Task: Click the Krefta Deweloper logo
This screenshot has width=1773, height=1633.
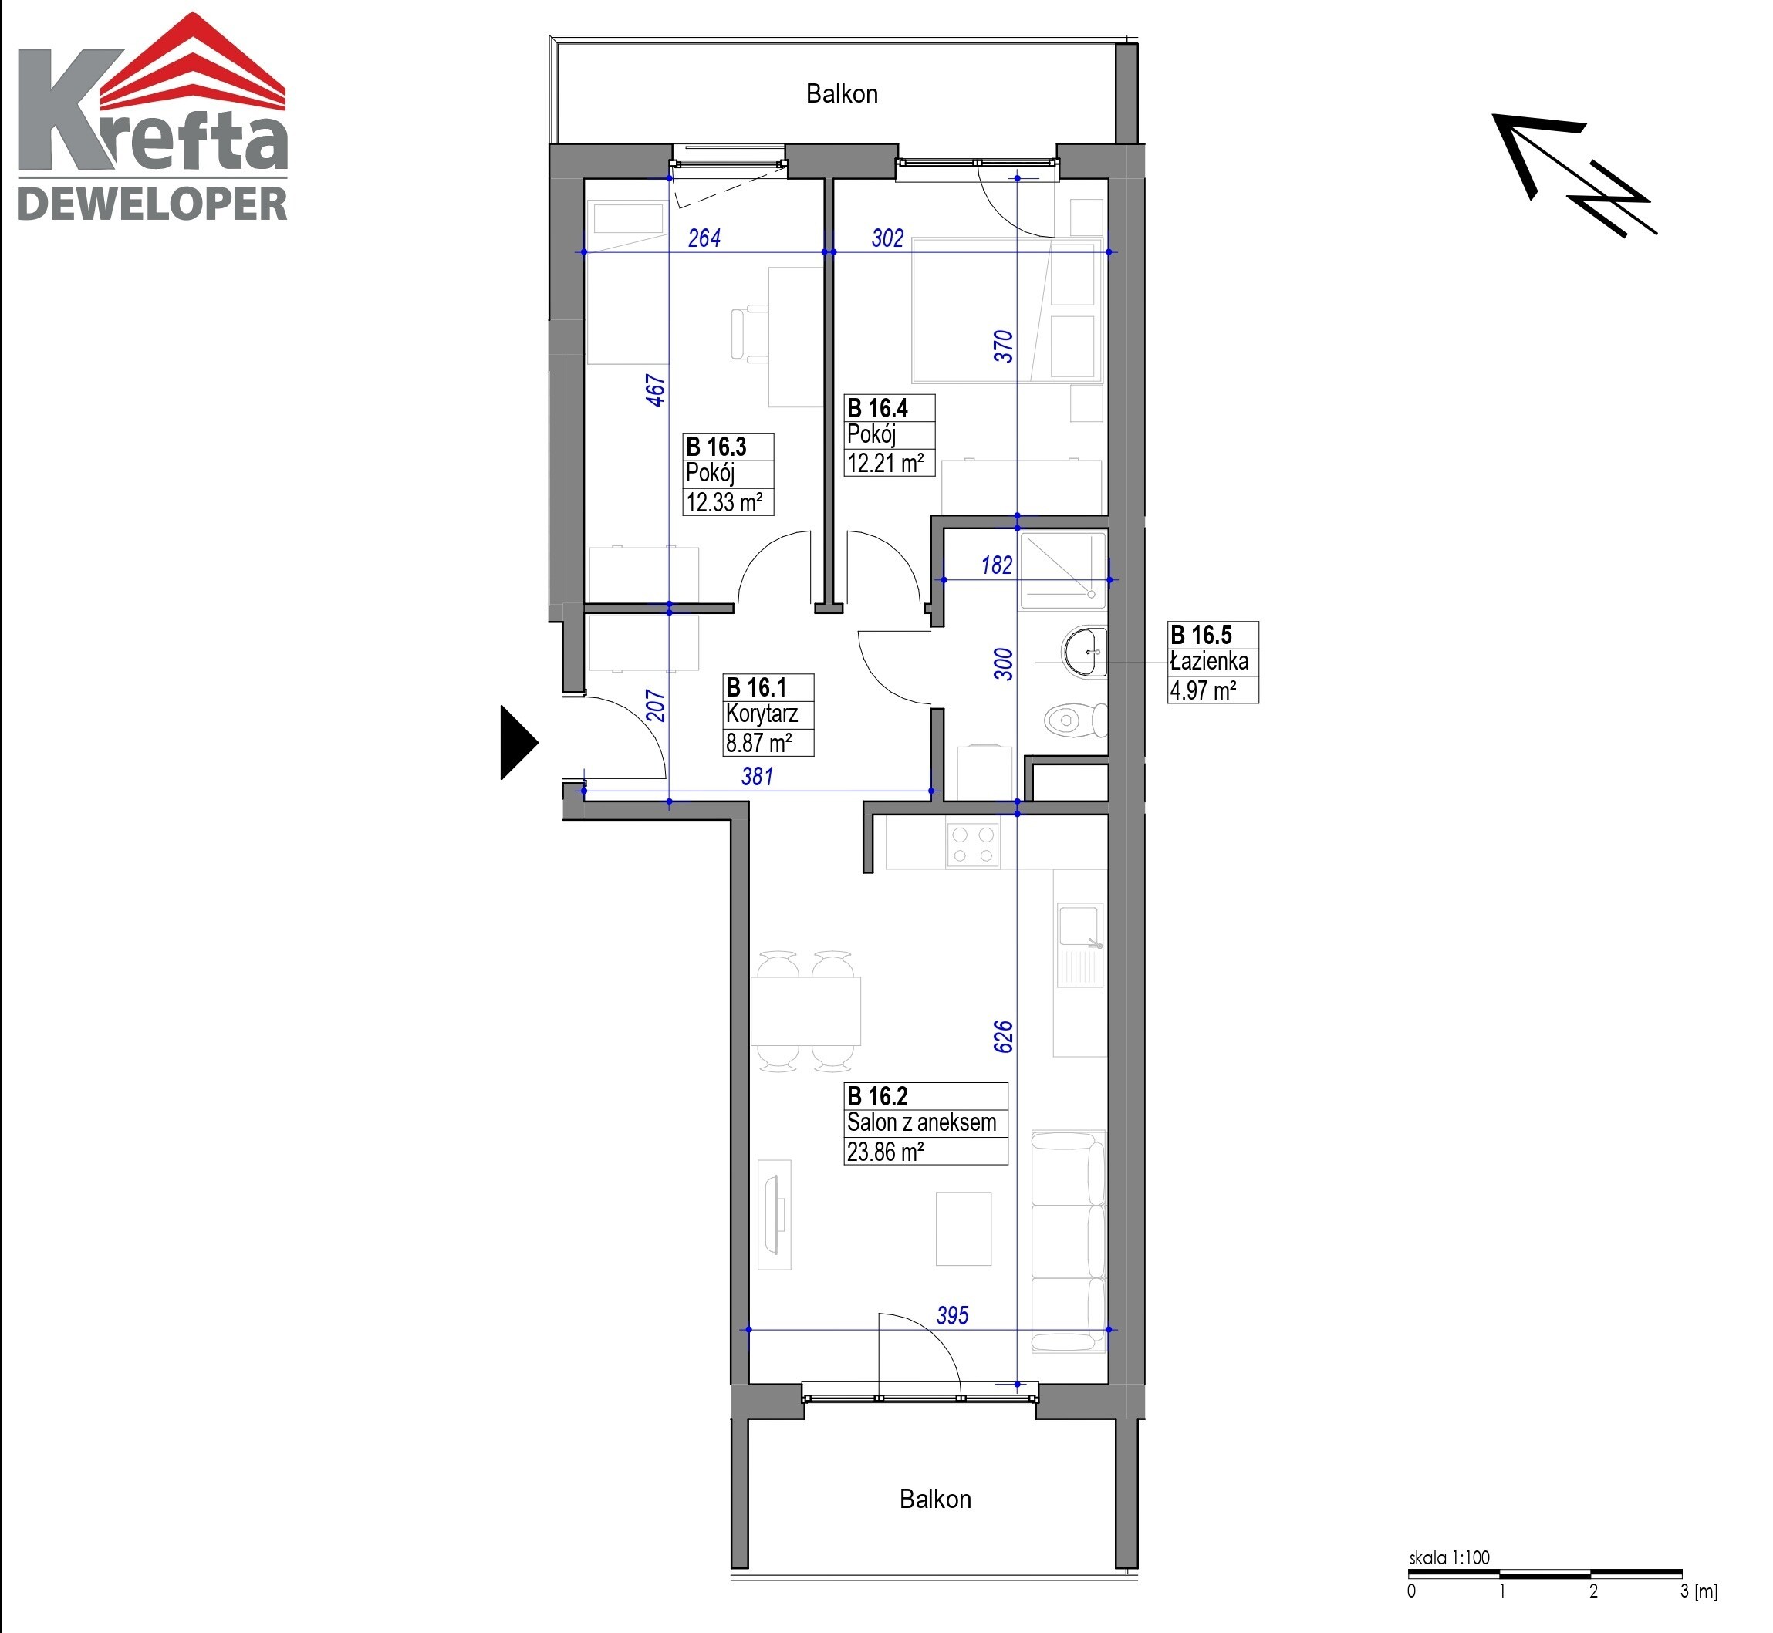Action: (x=153, y=116)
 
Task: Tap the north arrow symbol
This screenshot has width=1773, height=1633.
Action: (x=1574, y=175)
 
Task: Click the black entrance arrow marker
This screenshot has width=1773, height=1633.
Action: (x=518, y=742)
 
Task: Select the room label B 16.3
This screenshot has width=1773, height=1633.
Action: (x=716, y=447)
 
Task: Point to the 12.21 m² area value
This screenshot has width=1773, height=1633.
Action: (x=886, y=463)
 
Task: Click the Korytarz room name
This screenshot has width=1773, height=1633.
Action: (x=762, y=714)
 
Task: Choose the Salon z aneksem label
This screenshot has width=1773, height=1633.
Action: (x=921, y=1122)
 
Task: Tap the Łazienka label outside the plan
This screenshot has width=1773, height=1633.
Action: (x=1209, y=661)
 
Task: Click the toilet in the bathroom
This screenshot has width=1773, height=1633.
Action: (x=1076, y=720)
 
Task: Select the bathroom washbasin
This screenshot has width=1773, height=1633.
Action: (x=1086, y=652)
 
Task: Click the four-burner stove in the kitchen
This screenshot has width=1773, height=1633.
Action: (x=972, y=844)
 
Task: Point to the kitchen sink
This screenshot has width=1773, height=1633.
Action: (x=1080, y=946)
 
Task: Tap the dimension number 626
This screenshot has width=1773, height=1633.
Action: (x=1003, y=1037)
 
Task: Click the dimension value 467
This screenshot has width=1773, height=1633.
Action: (x=655, y=390)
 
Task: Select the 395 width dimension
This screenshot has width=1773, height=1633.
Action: (x=952, y=1316)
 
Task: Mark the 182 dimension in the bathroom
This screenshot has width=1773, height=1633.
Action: (x=997, y=565)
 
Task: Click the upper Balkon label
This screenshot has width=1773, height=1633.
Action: (x=842, y=93)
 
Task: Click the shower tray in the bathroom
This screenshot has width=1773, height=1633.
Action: (x=1062, y=570)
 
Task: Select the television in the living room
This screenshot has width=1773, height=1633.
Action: (x=775, y=1214)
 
